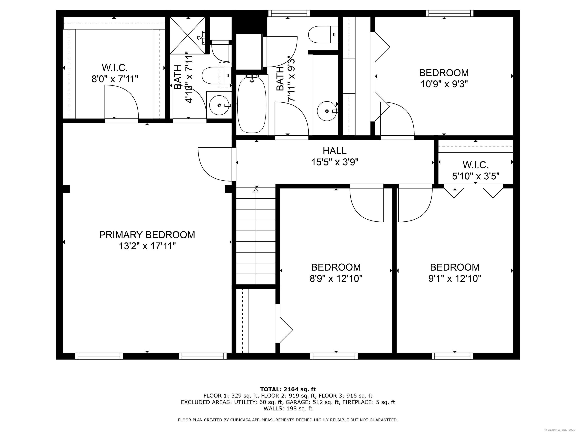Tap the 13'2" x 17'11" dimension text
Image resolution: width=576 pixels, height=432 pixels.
[x=147, y=246]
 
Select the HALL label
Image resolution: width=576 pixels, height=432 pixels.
[x=335, y=151]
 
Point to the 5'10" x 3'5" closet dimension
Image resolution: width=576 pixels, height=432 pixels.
[x=475, y=176]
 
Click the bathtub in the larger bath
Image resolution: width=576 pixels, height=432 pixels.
[x=252, y=104]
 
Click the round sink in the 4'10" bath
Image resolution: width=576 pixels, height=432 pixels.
[x=219, y=105]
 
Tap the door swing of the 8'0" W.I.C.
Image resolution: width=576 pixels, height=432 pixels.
[x=121, y=103]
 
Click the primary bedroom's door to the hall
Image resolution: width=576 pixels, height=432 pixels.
[x=215, y=164]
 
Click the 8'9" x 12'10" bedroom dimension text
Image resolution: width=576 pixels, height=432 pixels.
[x=336, y=279]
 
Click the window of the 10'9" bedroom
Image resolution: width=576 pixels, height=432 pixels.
[x=449, y=13]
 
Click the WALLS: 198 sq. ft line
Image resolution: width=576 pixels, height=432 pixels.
[x=288, y=409]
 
